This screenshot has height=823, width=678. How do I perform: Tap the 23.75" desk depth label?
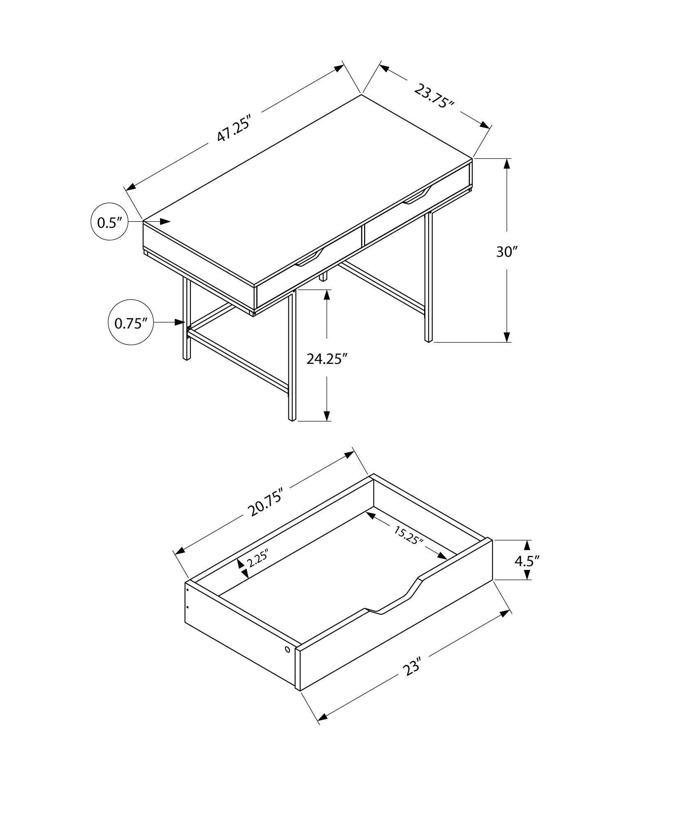[x=434, y=96]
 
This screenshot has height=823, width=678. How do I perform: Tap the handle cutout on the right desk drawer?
[x=417, y=197]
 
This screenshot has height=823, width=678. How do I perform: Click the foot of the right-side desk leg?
[x=428, y=340]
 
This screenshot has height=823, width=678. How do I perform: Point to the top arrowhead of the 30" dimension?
[x=507, y=163]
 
